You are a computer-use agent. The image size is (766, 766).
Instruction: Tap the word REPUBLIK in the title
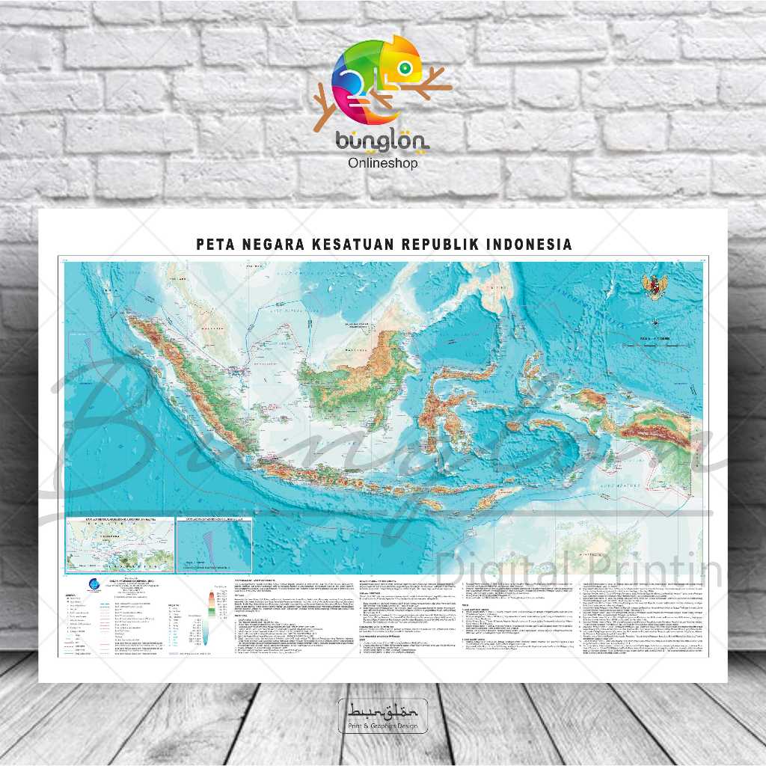click(x=435, y=245)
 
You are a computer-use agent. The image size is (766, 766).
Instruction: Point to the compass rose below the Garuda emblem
click(x=655, y=322)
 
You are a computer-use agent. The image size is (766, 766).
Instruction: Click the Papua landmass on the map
click(x=643, y=426)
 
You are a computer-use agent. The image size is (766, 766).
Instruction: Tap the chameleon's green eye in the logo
click(x=405, y=68)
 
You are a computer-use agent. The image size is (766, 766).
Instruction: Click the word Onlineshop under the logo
click(x=383, y=163)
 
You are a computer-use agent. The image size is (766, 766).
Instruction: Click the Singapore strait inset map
click(x=120, y=545)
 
